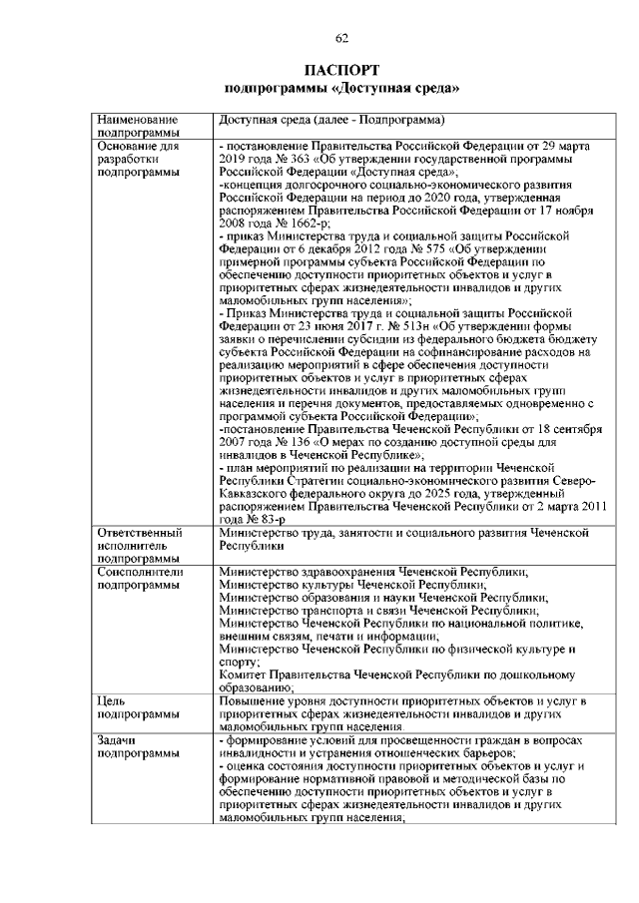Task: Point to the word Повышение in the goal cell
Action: coord(256,701)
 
